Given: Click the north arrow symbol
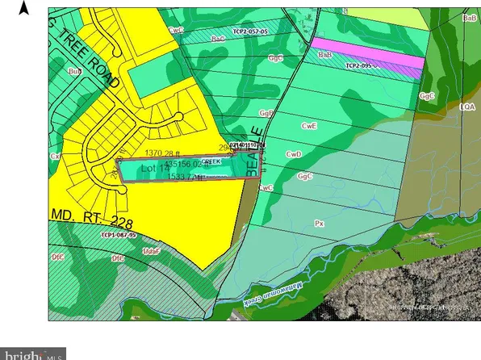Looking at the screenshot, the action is coord(24,8).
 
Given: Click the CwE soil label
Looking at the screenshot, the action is coord(307,127).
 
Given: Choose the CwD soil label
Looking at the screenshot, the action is coord(294,153).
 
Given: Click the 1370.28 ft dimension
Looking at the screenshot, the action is coord(165,153).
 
